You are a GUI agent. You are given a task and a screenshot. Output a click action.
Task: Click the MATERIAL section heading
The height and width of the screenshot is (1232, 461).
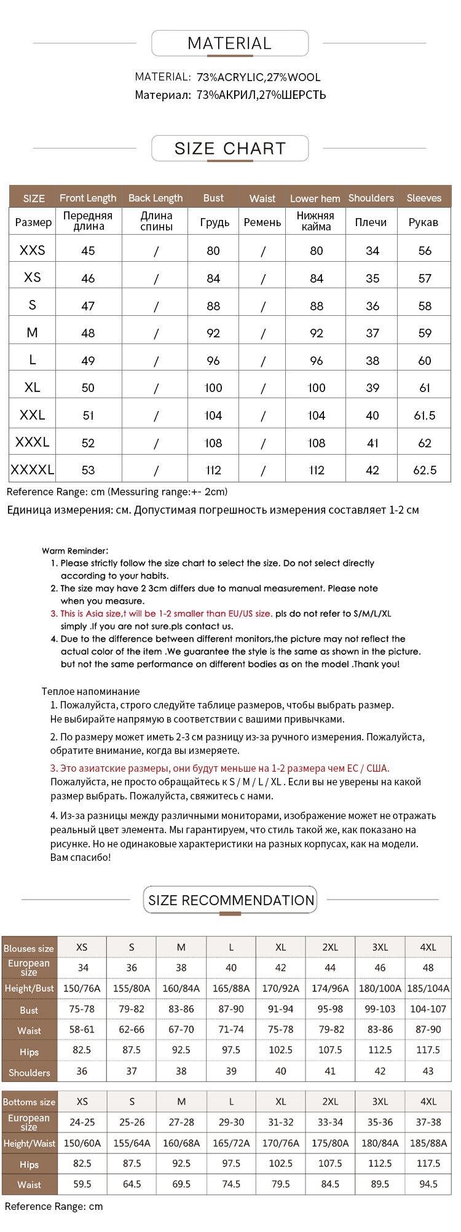229,44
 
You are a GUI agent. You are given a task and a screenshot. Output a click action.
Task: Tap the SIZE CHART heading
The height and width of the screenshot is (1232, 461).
230,149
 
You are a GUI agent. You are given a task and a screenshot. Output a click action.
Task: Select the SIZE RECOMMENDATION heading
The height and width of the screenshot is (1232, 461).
231,900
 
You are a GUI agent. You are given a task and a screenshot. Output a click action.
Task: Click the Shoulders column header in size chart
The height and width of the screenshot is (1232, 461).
371,198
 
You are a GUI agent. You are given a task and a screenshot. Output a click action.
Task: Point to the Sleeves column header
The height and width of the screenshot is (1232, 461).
424,198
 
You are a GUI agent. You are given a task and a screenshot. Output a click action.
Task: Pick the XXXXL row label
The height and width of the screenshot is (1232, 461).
32,470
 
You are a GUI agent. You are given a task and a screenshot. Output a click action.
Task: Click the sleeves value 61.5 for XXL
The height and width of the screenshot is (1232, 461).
424,415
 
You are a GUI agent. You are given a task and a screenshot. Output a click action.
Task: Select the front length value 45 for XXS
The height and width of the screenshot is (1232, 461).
88,251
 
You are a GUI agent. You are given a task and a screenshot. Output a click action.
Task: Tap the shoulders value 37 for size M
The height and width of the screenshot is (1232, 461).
372,333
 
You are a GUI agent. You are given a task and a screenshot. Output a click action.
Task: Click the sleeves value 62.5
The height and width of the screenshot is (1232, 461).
425,470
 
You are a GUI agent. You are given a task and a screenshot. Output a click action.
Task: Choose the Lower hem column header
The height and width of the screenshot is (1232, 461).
315,198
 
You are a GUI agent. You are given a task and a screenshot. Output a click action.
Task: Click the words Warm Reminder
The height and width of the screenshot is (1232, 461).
75,551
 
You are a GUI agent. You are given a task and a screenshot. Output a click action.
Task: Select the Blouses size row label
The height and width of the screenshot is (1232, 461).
29,948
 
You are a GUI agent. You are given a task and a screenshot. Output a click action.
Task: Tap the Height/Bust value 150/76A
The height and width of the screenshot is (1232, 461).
82,989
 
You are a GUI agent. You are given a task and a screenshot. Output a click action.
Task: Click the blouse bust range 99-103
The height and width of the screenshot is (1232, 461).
380,1009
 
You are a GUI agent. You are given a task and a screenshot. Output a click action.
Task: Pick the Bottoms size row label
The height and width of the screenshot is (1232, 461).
29,1102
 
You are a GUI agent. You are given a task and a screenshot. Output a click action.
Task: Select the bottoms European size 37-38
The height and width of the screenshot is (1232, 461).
428,1122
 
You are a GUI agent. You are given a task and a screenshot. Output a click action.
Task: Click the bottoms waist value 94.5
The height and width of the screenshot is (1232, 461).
428,1184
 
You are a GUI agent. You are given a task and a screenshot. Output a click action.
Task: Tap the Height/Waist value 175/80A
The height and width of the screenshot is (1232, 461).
330,1143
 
